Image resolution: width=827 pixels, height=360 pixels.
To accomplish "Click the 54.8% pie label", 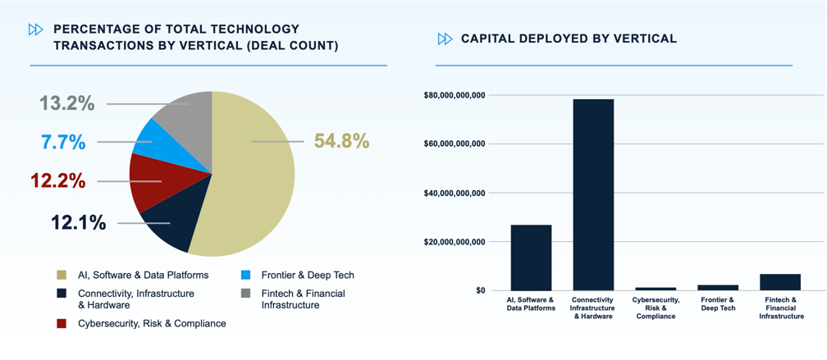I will pyautogui.click(x=341, y=141).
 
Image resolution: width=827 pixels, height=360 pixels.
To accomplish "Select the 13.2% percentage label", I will pyautogui.click(x=67, y=103).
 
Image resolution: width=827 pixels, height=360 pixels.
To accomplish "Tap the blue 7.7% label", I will pyautogui.click(x=63, y=142).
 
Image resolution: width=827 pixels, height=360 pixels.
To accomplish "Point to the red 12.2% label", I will pyautogui.click(x=57, y=180).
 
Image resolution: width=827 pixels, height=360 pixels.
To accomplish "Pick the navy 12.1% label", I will pyautogui.click(x=78, y=222).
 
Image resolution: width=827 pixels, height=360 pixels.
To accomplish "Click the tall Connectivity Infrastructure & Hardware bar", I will pyautogui.click(x=593, y=194).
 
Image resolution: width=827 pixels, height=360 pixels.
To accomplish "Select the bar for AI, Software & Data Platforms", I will pyautogui.click(x=531, y=257).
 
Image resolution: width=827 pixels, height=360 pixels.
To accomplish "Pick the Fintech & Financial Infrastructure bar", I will pyautogui.click(x=780, y=281).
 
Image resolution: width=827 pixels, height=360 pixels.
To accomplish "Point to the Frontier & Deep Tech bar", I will pyautogui.click(x=718, y=287).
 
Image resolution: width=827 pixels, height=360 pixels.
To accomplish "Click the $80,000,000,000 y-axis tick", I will pyautogui.click(x=454, y=96).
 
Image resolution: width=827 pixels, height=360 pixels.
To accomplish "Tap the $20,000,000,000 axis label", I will pyautogui.click(x=454, y=242).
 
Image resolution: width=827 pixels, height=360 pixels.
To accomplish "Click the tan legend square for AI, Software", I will pyautogui.click(x=62, y=275).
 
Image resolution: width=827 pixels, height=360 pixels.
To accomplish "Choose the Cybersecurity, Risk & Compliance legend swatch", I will pyautogui.click(x=62, y=323).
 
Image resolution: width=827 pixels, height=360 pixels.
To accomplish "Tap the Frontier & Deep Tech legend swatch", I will pyautogui.click(x=244, y=275).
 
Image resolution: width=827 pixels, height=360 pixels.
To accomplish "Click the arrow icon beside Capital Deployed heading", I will pyautogui.click(x=445, y=39).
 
